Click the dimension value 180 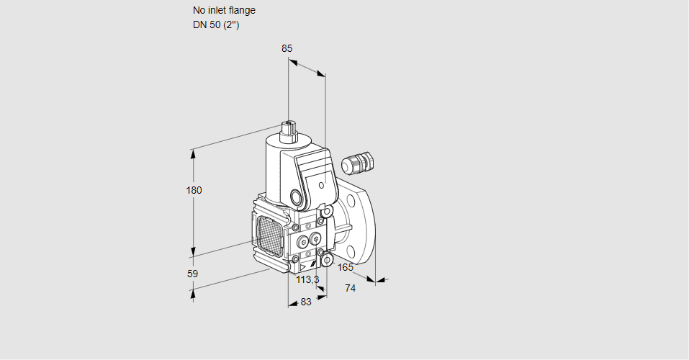pyautogui.click(x=194, y=190)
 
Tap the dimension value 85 pyautogui.click(x=287, y=48)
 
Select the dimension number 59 pyautogui.click(x=192, y=274)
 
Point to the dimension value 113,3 pyautogui.click(x=307, y=279)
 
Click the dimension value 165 pyautogui.click(x=346, y=268)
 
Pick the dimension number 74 pyautogui.click(x=351, y=288)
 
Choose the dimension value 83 pyautogui.click(x=306, y=302)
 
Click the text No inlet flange pyautogui.click(x=224, y=11)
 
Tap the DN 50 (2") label pyautogui.click(x=215, y=24)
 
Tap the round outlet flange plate pyautogui.click(x=359, y=223)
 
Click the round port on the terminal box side pyautogui.click(x=296, y=197)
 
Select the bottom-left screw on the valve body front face pyautogui.click(x=296, y=258)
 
